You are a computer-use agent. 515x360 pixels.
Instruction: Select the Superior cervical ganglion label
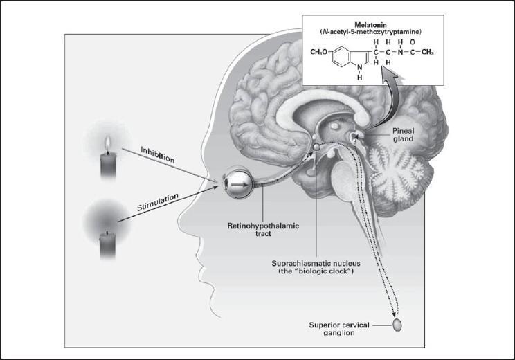(x=341, y=329)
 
